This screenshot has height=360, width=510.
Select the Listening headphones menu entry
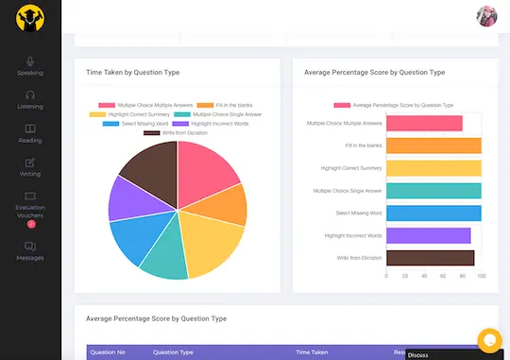point(30,99)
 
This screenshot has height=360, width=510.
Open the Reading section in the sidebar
point(30,133)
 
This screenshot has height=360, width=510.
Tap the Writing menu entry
point(30,167)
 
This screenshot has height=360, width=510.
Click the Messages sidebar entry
point(30,250)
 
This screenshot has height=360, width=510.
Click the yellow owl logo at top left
point(30,19)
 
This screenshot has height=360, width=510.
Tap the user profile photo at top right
point(486,16)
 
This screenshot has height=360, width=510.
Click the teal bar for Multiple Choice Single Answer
point(433,191)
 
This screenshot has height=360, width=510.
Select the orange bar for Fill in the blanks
point(433,146)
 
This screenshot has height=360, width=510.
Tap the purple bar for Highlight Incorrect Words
point(428,235)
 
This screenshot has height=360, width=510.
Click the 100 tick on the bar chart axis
point(481,277)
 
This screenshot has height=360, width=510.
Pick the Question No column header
point(107,352)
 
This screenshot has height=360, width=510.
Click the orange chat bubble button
point(489,338)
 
